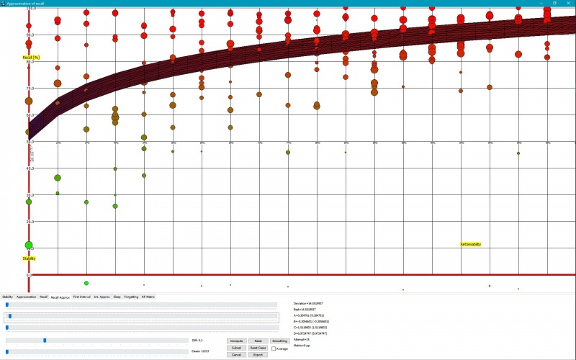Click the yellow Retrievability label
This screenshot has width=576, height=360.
471,244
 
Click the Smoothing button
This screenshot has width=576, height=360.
279,341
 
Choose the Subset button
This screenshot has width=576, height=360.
236,348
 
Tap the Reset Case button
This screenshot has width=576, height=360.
258,348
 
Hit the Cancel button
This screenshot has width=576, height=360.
236,355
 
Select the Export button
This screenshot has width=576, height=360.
258,355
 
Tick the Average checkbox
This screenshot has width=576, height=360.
274,348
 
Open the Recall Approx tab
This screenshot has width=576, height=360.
60,297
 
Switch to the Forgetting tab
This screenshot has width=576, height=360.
131,297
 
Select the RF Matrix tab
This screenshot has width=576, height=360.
148,297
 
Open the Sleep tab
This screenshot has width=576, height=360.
117,297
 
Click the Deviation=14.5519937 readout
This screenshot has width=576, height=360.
308,304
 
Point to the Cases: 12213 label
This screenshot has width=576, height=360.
199,351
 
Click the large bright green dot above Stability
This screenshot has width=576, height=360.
29,245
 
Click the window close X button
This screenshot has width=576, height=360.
569,3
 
